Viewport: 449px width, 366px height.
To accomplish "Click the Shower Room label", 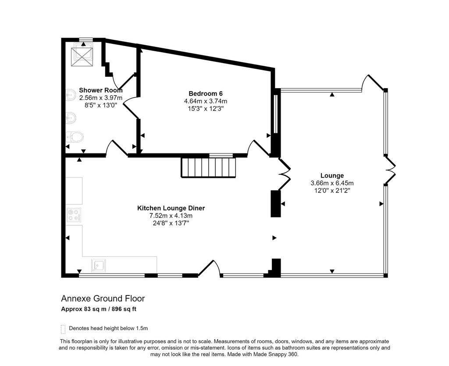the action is click(x=101, y=90).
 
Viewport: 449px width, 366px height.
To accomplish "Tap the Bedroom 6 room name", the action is click(x=206, y=93).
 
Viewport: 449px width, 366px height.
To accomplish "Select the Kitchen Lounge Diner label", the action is click(x=171, y=208).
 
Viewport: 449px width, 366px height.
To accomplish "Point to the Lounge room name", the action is click(x=332, y=175).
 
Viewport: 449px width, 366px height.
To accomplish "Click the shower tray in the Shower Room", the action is click(x=82, y=55).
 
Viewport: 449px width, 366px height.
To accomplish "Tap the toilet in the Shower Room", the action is click(x=75, y=137).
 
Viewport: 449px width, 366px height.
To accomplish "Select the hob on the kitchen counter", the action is click(x=74, y=215).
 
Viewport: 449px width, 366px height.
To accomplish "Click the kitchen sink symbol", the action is click(x=99, y=265).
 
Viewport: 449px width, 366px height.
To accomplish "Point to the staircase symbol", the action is click(x=208, y=167).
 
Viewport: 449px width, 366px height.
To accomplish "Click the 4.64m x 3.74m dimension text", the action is click(x=206, y=101).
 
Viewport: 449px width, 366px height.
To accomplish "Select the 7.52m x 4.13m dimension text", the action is click(x=171, y=216).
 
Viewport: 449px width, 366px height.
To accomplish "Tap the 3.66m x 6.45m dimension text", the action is click(x=332, y=183).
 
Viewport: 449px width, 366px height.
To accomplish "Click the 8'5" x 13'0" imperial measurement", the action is click(x=101, y=105).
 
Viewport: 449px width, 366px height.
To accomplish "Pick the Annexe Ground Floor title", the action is click(x=103, y=298).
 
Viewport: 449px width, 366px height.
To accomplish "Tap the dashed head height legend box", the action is click(x=63, y=329).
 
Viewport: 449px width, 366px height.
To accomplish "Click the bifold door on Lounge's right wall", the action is click(x=390, y=170).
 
